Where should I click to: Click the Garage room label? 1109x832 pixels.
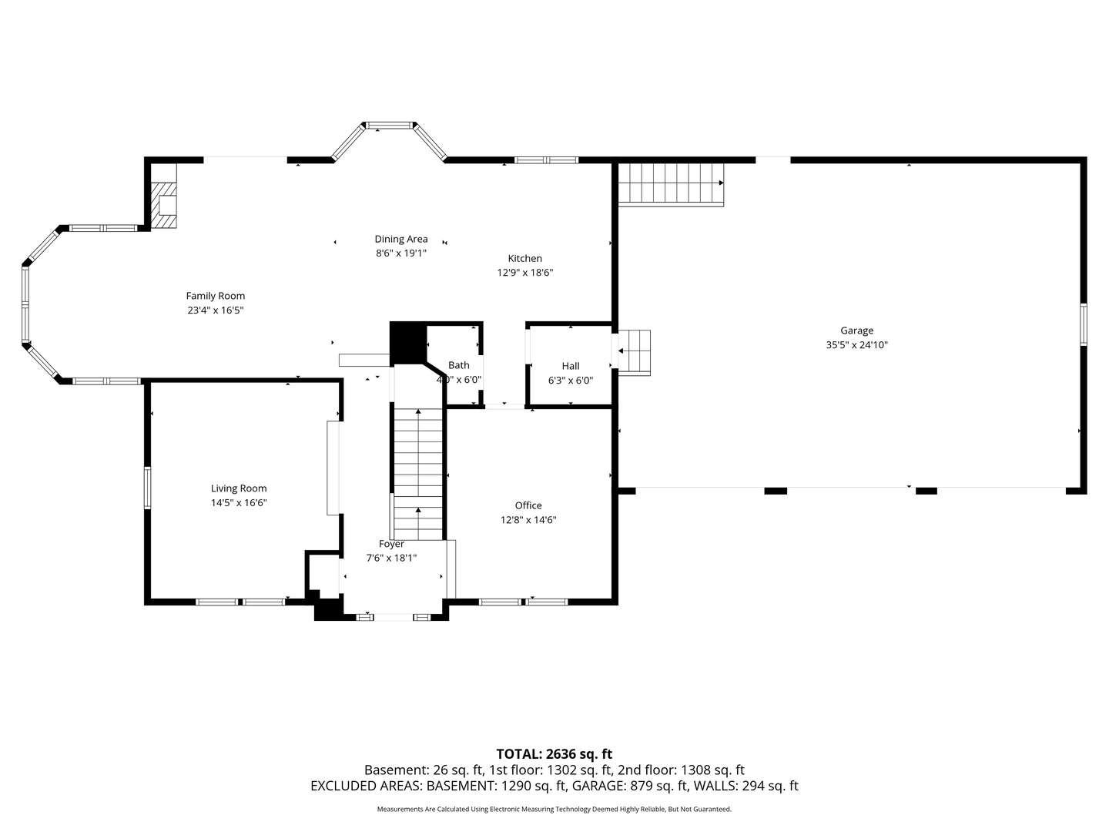click(x=856, y=330)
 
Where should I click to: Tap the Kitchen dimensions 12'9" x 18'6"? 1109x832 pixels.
click(x=524, y=273)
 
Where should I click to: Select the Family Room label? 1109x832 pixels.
click(x=216, y=296)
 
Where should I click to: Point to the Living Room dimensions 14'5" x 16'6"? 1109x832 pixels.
click(x=239, y=503)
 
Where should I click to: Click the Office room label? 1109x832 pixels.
click(x=528, y=505)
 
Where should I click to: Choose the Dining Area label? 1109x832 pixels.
click(x=400, y=239)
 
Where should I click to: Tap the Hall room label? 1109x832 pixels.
click(x=570, y=366)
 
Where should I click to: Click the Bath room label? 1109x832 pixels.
click(x=459, y=365)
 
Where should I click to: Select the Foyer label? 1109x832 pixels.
click(x=391, y=544)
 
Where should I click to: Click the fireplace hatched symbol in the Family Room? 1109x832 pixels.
click(x=164, y=205)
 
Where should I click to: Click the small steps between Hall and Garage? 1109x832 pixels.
click(x=635, y=352)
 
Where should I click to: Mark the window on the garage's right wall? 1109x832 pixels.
click(x=1083, y=324)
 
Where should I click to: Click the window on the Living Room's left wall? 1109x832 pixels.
click(x=147, y=488)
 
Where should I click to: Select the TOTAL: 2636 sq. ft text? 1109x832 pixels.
click(x=554, y=754)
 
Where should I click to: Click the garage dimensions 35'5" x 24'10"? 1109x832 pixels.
click(x=856, y=345)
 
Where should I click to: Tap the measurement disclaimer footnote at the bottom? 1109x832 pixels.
click(x=554, y=809)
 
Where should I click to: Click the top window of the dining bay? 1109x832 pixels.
click(x=389, y=125)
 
